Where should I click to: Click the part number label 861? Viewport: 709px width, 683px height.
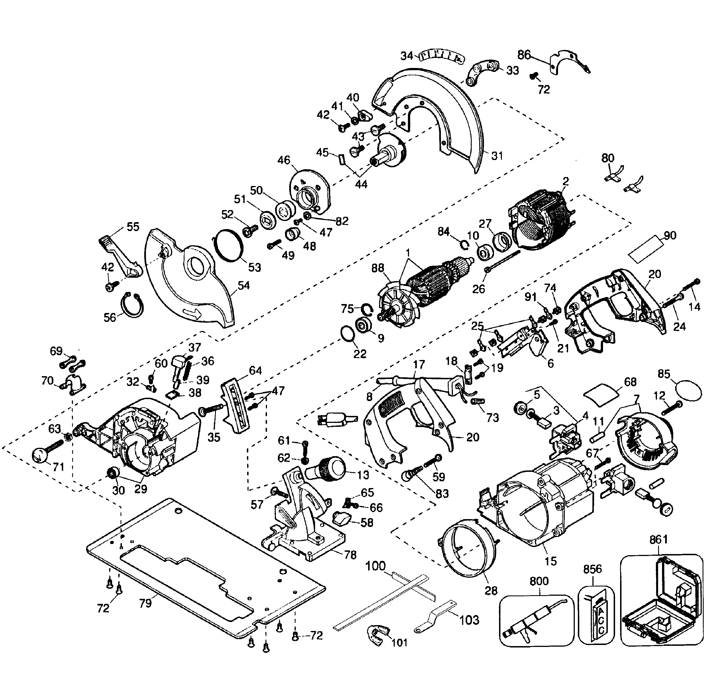point(658,540)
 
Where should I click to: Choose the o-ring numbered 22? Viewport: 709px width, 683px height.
point(348,333)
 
